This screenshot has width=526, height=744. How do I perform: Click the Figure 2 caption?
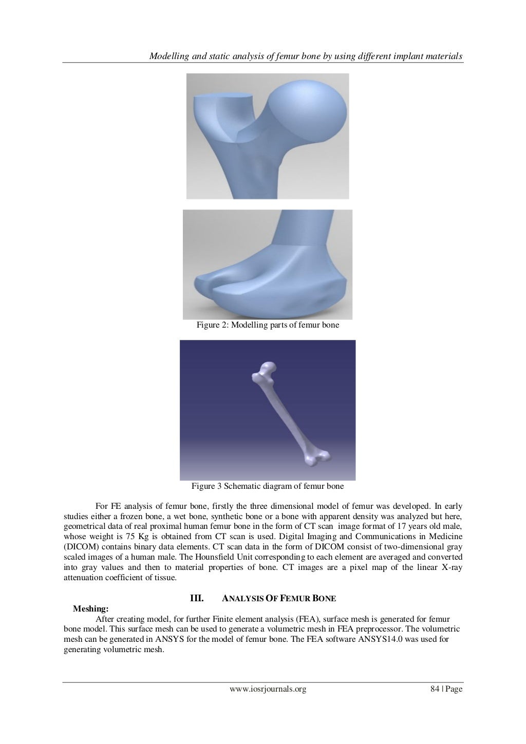[x=268, y=325]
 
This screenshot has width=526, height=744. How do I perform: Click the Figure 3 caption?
[x=268, y=486]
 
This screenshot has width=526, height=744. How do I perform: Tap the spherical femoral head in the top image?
[x=308, y=110]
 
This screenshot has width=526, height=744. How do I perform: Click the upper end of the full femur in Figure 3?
[x=265, y=372]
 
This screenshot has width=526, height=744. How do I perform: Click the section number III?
[x=197, y=598]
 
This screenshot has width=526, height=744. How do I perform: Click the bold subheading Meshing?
[x=91, y=609]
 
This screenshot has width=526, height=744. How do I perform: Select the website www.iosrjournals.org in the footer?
[x=268, y=689]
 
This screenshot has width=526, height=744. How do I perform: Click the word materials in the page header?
[x=445, y=55]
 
